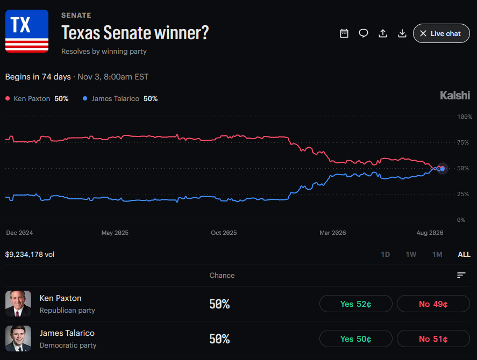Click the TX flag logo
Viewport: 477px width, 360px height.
[27, 31]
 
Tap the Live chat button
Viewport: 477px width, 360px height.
[441, 33]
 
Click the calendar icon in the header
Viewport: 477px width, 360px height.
[344, 33]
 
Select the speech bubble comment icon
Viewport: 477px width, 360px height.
[363, 33]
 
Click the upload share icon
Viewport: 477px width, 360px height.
[383, 33]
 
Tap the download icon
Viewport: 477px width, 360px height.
[402, 33]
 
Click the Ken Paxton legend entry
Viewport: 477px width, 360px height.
[37, 98]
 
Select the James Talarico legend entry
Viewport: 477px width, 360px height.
[120, 98]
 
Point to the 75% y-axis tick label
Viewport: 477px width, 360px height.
[462, 142]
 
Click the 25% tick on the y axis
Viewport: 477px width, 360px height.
[462, 194]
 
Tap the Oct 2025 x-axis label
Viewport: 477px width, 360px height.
[224, 233]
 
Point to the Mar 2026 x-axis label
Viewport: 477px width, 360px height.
[332, 233]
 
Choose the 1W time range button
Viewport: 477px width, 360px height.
[411, 255]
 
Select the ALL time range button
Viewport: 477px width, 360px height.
[464, 255]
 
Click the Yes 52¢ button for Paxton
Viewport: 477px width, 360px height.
[355, 304]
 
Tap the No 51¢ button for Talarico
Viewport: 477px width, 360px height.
[433, 339]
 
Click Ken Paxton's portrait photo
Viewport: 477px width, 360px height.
[18, 304]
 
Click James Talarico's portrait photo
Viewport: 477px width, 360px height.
[18, 339]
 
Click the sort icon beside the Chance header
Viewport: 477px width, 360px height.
[461, 275]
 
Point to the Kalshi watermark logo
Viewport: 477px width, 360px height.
[455, 95]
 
